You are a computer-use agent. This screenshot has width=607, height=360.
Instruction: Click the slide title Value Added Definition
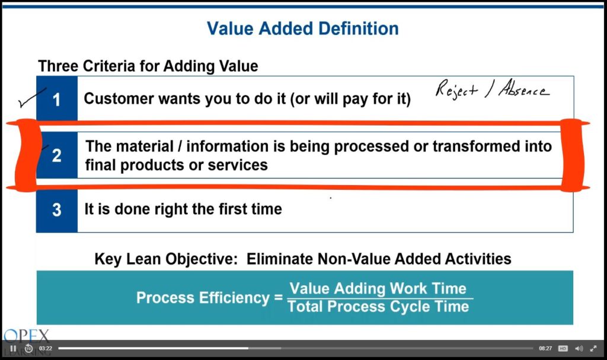302,28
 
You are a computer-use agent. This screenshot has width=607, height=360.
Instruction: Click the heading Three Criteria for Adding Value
148,66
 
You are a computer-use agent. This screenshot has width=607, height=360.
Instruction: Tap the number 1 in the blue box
56,100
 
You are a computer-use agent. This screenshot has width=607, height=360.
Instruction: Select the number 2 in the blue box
56,155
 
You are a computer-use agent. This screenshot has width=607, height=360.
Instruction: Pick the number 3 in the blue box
56,210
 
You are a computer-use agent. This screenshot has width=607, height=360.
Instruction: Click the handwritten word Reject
456,90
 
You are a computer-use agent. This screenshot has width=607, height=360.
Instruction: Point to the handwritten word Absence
524,90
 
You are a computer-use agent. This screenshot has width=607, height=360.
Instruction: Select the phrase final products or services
176,165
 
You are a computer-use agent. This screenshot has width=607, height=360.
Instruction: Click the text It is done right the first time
183,209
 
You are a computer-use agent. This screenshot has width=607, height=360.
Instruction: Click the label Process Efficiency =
209,298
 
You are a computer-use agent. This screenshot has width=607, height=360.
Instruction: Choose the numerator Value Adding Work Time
378,289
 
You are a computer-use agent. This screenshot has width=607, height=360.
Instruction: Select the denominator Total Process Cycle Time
378,307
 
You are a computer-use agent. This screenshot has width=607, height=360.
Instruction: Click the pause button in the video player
13,348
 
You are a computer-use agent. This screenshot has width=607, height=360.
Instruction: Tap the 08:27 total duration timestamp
545,348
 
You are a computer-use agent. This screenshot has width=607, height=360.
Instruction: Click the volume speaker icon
579,348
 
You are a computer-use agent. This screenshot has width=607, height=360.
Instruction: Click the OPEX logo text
27,336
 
